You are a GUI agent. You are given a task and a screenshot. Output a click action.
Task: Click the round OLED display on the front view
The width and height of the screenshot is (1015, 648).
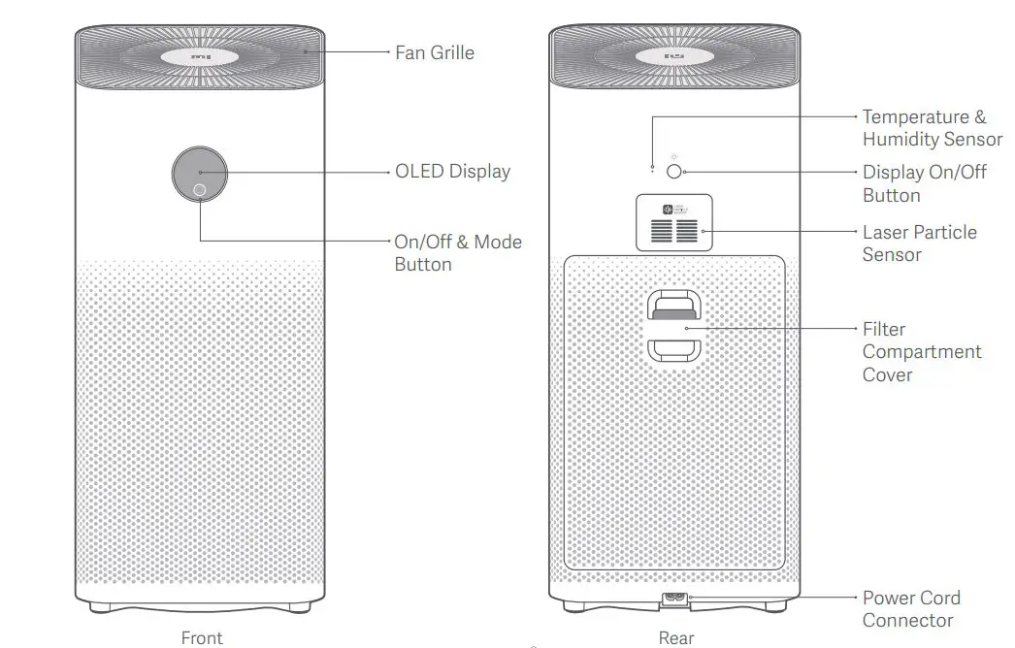click(201, 172)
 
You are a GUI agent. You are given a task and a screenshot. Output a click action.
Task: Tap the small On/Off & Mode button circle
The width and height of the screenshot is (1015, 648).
click(199, 189)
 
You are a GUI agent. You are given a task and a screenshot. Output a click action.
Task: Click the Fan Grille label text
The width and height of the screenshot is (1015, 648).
click(435, 52)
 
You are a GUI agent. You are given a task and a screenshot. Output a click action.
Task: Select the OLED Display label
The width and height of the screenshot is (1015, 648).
click(452, 172)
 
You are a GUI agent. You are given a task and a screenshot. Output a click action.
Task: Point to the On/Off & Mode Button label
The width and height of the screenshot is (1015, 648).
click(457, 252)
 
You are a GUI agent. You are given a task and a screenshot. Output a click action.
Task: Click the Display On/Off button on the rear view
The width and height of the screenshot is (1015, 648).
click(675, 172)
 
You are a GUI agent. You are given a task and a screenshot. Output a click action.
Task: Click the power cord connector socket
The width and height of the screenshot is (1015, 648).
click(674, 600)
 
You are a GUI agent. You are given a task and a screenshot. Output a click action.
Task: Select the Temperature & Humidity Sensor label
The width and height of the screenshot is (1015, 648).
click(932, 128)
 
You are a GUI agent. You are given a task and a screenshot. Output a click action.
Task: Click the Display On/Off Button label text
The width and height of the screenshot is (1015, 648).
click(924, 183)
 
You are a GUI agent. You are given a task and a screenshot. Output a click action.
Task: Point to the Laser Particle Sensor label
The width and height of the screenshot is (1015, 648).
click(919, 243)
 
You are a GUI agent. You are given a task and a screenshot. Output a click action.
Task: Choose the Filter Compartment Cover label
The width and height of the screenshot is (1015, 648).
click(921, 351)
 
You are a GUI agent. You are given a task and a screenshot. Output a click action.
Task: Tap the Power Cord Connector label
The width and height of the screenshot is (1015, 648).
click(910, 608)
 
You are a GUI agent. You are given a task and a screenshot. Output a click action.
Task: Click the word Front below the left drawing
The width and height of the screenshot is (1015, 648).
click(202, 637)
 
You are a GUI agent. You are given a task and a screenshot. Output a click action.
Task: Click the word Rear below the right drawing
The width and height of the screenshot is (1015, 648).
click(676, 637)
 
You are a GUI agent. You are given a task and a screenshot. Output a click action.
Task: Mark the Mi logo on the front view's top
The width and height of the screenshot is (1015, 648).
click(202, 56)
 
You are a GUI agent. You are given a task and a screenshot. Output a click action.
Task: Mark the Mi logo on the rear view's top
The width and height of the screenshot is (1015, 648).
click(674, 56)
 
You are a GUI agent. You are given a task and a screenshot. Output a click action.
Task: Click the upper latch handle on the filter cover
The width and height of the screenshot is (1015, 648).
click(674, 305)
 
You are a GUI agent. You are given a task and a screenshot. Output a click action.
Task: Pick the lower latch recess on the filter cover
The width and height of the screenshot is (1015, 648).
click(674, 349)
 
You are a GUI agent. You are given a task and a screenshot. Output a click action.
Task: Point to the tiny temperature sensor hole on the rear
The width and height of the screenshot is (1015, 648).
click(653, 171)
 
